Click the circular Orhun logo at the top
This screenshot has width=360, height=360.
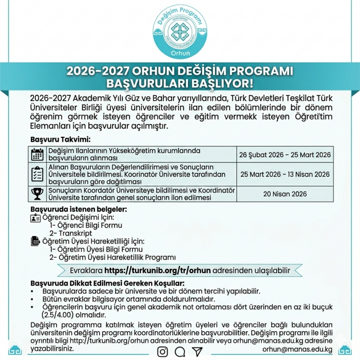tap(180, 32)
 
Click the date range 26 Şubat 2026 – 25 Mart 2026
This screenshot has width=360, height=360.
tap(285, 155)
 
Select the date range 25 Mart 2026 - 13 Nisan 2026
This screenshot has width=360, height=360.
tap(285, 174)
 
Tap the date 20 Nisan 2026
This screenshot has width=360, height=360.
tap(285, 194)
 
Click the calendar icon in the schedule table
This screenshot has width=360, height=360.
tap(37, 154)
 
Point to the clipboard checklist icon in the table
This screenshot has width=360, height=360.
tap(37, 174)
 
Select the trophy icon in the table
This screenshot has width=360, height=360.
tap(37, 194)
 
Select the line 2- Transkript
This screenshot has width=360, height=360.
tap(71, 233)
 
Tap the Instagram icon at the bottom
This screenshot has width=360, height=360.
tap(162, 351)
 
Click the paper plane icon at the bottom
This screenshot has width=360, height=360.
tap(197, 351)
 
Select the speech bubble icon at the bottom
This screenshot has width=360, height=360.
tap(180, 351)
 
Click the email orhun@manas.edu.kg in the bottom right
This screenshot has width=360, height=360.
tap(297, 349)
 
